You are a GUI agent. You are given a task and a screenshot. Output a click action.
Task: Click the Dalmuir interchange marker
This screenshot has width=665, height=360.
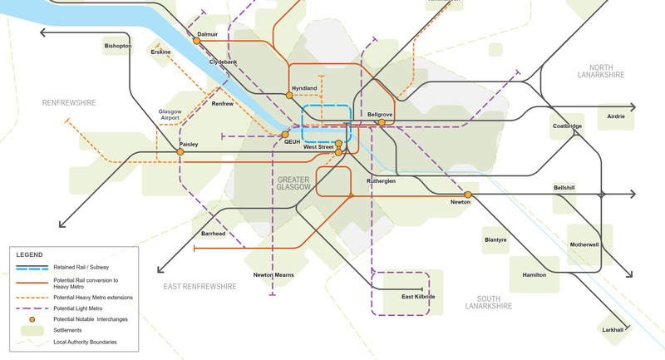(x=197, y=41)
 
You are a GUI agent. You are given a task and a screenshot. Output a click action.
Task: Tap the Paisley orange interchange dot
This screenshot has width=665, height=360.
(x=180, y=152)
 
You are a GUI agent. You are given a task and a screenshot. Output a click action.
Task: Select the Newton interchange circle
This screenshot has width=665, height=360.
(x=467, y=195)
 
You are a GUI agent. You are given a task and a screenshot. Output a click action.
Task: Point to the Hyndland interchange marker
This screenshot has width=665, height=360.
(x=289, y=96)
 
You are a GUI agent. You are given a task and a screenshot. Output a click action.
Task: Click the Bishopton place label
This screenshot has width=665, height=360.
(x=117, y=47)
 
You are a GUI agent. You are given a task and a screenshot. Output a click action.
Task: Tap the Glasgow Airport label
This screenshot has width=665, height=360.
(x=169, y=116)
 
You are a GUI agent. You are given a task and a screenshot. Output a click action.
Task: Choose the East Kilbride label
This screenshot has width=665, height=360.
(x=418, y=297)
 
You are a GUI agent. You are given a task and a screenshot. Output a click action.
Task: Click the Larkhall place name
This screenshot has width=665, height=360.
(x=617, y=330)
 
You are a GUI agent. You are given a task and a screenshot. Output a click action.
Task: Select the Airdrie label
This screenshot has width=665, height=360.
(x=615, y=117)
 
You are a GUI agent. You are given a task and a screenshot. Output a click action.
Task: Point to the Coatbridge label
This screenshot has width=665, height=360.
(x=568, y=126)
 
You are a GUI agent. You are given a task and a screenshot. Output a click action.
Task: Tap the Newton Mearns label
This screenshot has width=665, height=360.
(x=274, y=274)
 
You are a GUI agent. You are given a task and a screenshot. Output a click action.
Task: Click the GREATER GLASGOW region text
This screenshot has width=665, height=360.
(x=293, y=184)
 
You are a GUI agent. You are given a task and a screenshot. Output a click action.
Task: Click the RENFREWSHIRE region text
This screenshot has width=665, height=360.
(x=69, y=103)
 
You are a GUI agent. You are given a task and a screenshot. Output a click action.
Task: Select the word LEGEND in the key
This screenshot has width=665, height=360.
(x=30, y=254)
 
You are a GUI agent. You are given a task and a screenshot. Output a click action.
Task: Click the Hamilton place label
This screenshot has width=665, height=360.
(x=534, y=274)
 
